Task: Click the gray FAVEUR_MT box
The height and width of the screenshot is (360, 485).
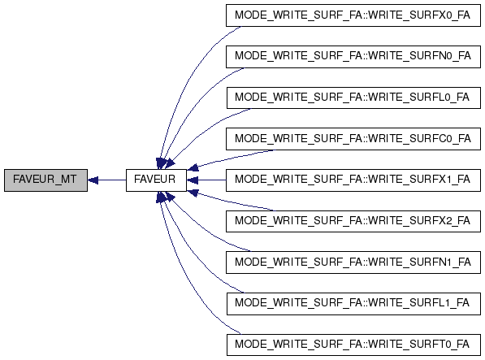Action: (x=45, y=180)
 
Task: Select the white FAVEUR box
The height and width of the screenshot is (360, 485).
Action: (x=156, y=180)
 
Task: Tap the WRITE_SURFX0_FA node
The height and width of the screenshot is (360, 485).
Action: (x=353, y=15)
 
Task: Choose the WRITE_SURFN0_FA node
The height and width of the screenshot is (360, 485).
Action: (x=353, y=57)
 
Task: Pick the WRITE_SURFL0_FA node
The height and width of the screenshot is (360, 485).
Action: (x=353, y=98)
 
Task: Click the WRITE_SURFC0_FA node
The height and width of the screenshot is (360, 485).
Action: (x=353, y=139)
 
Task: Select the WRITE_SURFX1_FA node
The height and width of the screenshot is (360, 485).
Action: (x=353, y=180)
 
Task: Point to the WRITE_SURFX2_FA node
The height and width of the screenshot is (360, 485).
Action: (x=353, y=221)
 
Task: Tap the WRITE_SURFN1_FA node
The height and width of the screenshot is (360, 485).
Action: (x=353, y=262)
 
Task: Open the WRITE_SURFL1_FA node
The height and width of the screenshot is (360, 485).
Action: (x=353, y=303)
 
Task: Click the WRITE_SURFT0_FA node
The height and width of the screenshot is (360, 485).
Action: (x=353, y=345)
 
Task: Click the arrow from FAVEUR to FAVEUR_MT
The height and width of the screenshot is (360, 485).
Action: (x=106, y=180)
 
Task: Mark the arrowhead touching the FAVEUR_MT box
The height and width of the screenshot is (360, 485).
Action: (x=93, y=180)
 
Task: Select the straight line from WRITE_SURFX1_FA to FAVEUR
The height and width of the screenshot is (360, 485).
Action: (x=206, y=180)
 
